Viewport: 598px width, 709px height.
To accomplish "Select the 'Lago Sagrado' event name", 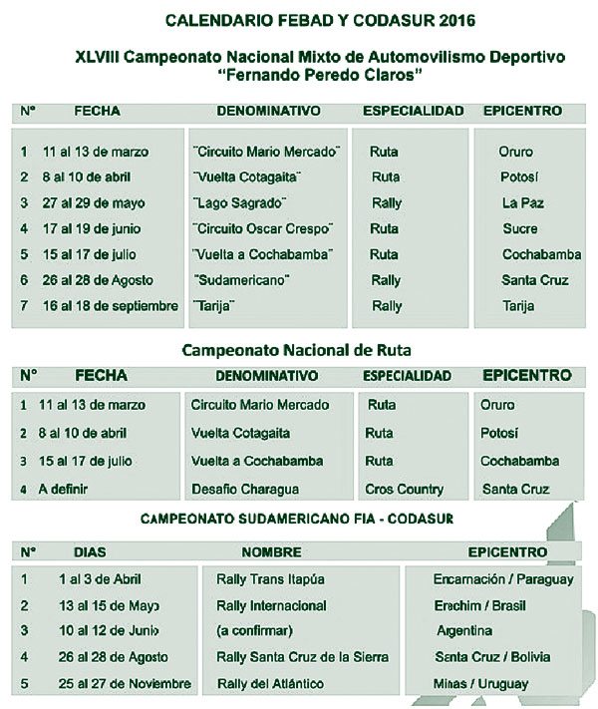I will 233,202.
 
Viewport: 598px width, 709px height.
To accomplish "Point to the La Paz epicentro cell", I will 521,202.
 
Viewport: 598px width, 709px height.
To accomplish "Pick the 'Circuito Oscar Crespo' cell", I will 262,228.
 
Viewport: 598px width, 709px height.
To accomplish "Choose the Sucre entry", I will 520,228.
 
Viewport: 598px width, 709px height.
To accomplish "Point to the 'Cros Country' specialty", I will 405,490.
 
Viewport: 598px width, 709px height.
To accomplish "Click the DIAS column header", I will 91,550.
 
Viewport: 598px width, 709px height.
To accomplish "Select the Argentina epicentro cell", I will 464,631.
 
